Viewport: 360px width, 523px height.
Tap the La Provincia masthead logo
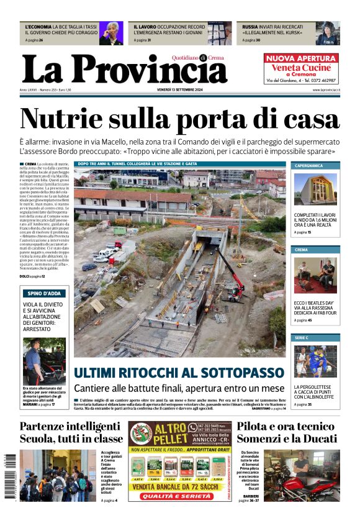(x=124, y=69)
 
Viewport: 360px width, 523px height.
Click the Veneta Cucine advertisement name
(x=301, y=67)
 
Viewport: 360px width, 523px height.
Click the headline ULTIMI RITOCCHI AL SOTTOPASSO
(x=179, y=373)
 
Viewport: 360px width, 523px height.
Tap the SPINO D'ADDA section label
(x=43, y=293)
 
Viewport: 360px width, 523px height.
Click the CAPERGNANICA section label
(x=308, y=166)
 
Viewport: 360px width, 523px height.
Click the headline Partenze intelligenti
(x=70, y=426)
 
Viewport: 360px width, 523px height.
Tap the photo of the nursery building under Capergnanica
(x=315, y=189)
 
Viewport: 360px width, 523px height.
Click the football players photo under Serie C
(x=315, y=362)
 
